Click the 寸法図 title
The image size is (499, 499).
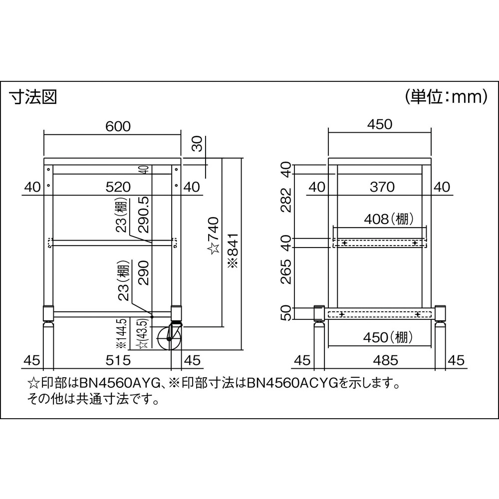(33, 97)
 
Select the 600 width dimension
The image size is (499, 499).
(118, 126)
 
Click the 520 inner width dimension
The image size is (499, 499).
(118, 187)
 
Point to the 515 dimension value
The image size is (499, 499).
(118, 360)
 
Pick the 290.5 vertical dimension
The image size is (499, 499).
(144, 214)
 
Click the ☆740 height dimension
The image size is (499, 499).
(214, 236)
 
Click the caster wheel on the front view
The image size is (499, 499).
(169, 338)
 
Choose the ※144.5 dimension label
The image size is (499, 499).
(123, 333)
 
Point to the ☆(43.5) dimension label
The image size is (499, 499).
(144, 334)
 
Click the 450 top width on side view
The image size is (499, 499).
(380, 124)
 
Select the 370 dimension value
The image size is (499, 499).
(382, 187)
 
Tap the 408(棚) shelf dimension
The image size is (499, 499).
(389, 219)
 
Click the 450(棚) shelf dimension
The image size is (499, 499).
(388, 337)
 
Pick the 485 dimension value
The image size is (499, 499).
(386, 360)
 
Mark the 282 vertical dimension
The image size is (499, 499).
(286, 200)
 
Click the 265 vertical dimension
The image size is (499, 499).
(286, 271)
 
